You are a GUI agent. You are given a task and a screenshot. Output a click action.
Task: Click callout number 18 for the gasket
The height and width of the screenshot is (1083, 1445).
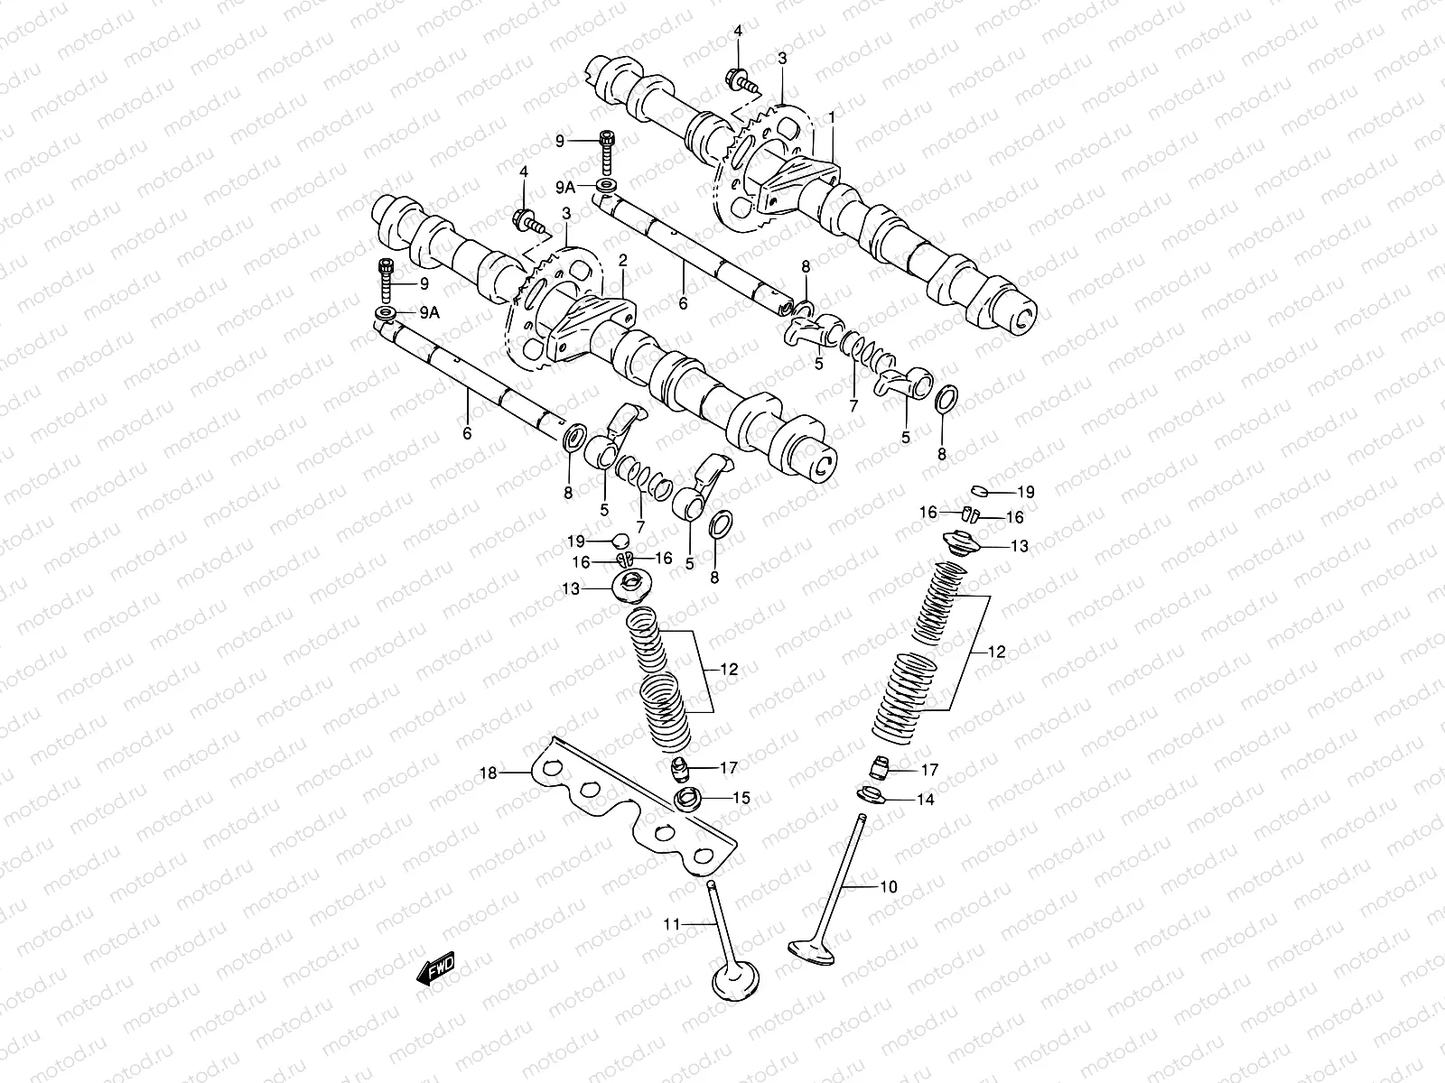coord(488,773)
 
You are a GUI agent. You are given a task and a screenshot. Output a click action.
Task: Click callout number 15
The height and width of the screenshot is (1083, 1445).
coord(741,798)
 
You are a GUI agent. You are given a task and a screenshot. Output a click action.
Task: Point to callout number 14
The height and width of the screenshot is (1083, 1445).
coord(925,799)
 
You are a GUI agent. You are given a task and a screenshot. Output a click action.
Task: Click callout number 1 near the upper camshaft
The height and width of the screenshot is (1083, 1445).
coord(832,118)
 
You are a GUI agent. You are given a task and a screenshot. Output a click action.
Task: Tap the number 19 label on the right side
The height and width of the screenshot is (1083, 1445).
coord(1025,493)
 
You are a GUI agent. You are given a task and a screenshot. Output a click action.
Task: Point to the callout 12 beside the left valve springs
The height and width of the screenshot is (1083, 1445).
coord(729,670)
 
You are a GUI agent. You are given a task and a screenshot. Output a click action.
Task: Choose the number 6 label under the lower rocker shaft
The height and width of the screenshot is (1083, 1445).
coord(467,434)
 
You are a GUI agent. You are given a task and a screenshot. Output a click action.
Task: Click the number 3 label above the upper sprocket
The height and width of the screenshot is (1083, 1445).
coord(782,58)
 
